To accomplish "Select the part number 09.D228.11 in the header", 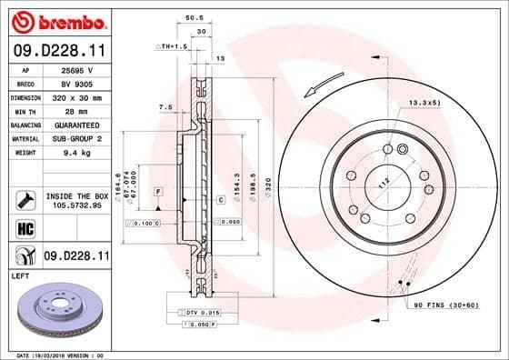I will click(57, 50).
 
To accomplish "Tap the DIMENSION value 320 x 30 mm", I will click(76, 96).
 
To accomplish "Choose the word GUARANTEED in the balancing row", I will click(76, 124).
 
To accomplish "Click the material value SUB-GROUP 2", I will click(76, 137).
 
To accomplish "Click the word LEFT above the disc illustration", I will click(19, 274).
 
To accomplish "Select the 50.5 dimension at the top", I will click(192, 15).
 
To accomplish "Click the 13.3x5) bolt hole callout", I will click(424, 103).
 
